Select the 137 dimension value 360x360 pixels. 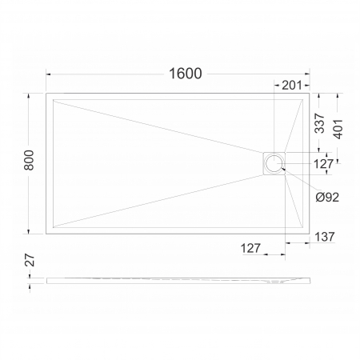click(x=325, y=237)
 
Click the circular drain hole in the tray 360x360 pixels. click(x=274, y=163)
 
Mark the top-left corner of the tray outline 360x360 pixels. click(x=46, y=93)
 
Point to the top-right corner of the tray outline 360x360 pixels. click(x=310, y=93)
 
